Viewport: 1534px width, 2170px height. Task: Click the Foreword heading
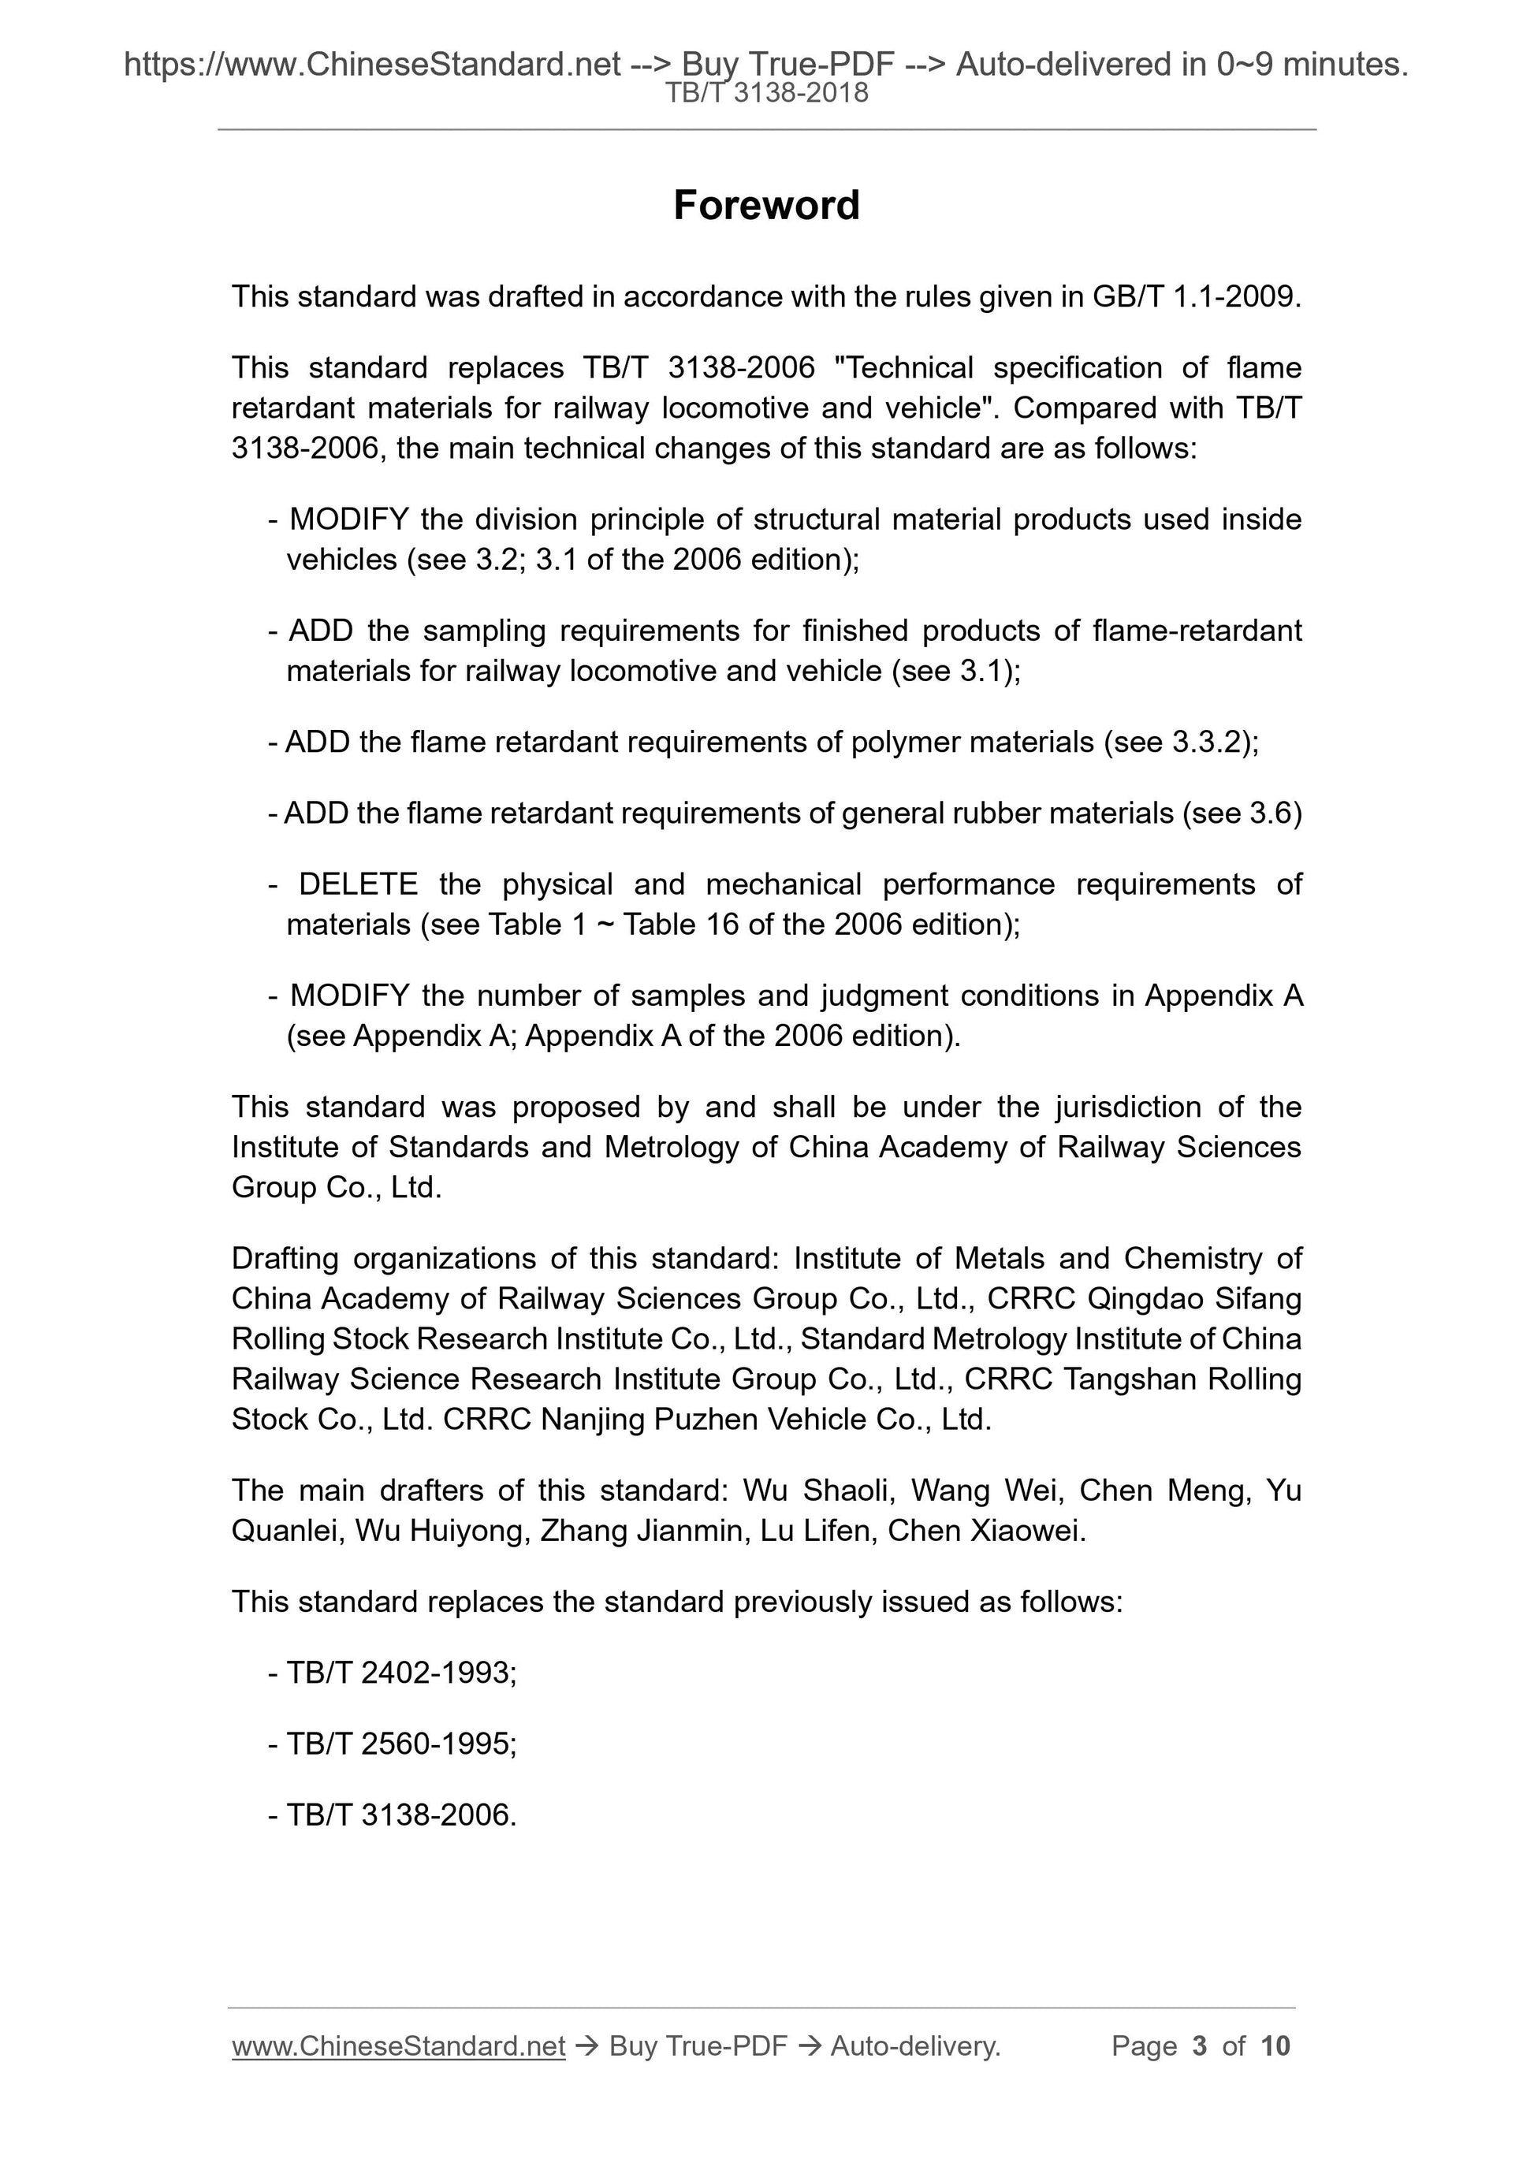(766, 205)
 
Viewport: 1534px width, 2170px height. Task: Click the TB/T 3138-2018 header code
(766, 93)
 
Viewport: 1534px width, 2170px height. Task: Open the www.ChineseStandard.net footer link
(398, 2046)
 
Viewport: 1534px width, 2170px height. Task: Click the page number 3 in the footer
(1200, 2046)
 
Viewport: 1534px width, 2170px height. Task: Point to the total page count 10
(1275, 2046)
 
